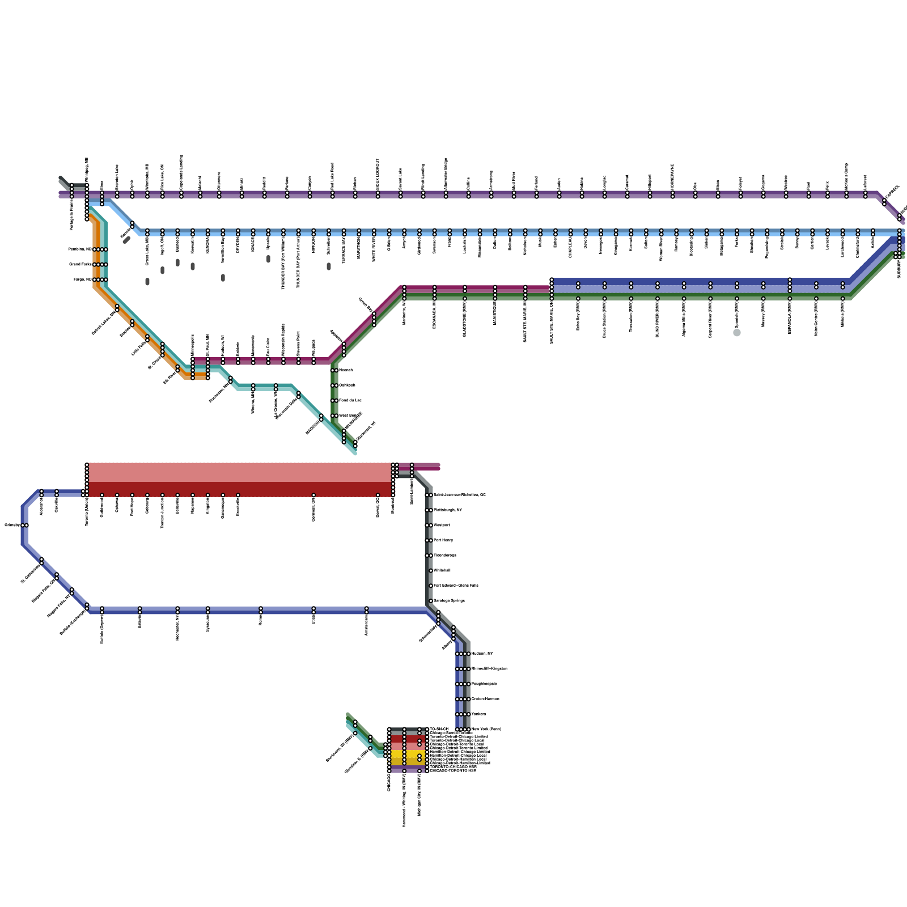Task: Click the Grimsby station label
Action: [x=12, y=525]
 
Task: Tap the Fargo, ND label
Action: [x=82, y=279]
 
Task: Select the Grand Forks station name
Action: [x=80, y=264]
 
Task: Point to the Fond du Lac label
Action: [x=350, y=401]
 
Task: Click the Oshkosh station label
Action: [x=347, y=385]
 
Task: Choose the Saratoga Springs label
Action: [x=449, y=601]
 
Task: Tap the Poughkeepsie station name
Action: [x=484, y=684]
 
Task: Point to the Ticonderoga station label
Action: [x=445, y=556]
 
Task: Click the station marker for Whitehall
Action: [x=431, y=571]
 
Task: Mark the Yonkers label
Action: [x=479, y=714]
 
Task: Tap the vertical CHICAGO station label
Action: [x=389, y=783]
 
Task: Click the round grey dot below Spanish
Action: [x=737, y=333]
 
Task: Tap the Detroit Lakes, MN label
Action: [x=104, y=323]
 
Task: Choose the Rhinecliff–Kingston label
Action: [x=489, y=669]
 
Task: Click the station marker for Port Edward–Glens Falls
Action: [x=431, y=586]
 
